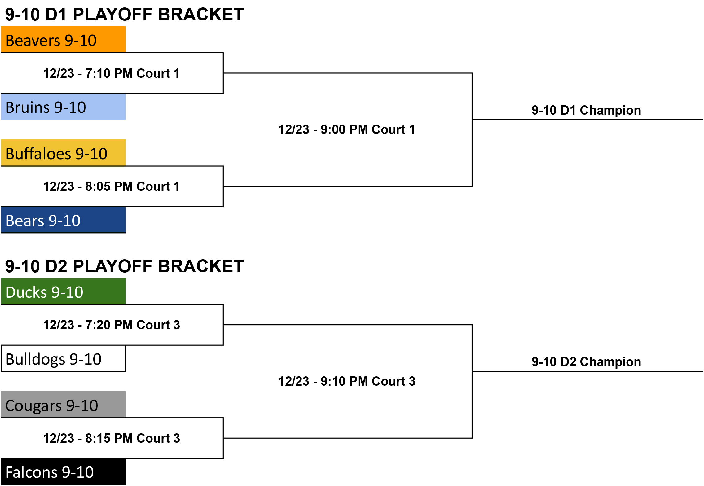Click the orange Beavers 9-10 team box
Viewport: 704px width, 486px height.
pos(64,39)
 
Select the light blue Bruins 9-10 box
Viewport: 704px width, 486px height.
pos(64,107)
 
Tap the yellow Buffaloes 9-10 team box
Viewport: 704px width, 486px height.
pos(64,153)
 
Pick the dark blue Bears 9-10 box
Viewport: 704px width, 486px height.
pos(64,220)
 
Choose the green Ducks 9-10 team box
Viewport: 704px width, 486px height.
pos(64,291)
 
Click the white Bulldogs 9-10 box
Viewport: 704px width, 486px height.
pos(64,358)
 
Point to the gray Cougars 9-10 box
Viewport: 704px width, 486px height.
pos(64,405)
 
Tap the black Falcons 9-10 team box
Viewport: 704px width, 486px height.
pos(64,472)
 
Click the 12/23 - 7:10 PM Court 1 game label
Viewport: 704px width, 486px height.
pos(112,73)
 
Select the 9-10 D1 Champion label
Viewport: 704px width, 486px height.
pos(586,110)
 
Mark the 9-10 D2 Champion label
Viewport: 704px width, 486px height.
pos(586,362)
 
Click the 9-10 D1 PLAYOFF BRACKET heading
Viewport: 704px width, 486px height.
pos(125,15)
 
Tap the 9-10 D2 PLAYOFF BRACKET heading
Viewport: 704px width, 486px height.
pos(125,266)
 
